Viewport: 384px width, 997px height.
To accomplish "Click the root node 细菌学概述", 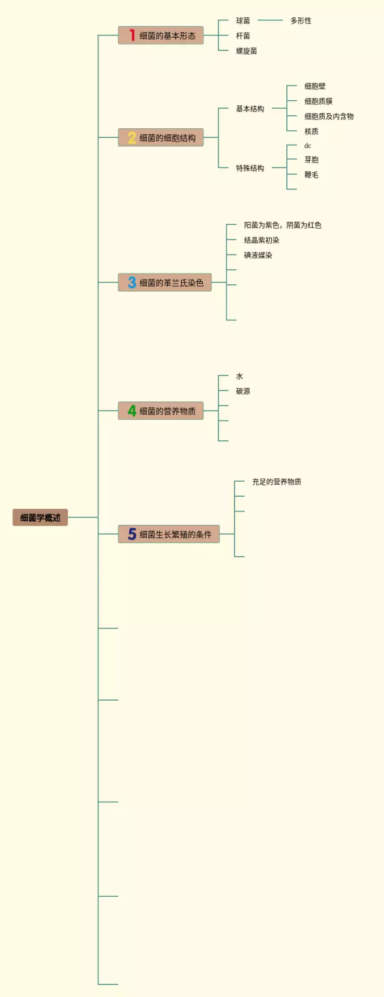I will (40, 517).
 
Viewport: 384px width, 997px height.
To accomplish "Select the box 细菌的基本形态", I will (161, 35).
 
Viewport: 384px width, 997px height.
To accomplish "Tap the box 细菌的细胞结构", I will (161, 137).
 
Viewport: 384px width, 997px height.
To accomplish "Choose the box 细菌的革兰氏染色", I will (165, 282).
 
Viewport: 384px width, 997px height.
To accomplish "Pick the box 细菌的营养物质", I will (161, 410).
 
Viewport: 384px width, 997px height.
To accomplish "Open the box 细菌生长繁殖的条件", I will (169, 534).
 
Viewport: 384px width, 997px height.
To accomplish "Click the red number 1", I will (132, 35).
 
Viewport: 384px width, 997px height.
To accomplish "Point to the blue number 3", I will (132, 282).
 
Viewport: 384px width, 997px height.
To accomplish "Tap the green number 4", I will (132, 410).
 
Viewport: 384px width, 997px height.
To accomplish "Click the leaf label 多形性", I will (301, 20).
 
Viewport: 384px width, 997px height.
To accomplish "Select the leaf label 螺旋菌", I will (246, 51).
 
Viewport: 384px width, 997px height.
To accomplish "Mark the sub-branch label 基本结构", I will (250, 109).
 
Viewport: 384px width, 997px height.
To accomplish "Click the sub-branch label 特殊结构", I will (250, 168).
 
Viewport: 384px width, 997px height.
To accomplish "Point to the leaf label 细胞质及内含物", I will (329, 116).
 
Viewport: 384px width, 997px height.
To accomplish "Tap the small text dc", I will (308, 146).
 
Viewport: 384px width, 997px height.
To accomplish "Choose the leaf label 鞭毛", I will (311, 175).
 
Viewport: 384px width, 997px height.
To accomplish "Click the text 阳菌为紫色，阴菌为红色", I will (283, 225).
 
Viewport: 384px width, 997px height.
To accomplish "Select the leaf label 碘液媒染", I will (258, 255).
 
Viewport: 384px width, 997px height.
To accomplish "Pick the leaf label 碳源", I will (243, 391).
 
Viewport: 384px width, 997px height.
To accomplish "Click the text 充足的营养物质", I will (277, 482).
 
